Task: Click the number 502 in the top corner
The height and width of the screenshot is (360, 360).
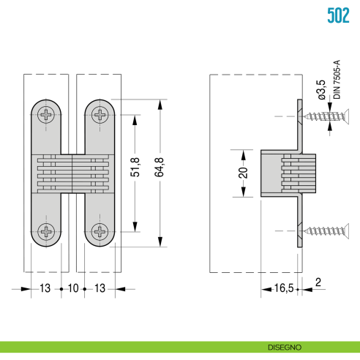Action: tap(337, 15)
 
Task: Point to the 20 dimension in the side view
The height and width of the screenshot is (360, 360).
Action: tap(242, 173)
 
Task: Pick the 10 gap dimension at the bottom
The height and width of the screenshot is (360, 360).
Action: tap(72, 288)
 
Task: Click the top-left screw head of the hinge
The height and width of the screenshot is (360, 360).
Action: tap(48, 114)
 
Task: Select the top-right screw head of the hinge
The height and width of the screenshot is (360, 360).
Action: tap(100, 114)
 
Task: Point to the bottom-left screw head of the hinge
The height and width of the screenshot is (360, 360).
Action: tap(48, 232)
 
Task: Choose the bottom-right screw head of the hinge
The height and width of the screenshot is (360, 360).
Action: tap(100, 232)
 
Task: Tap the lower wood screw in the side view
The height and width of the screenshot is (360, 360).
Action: tap(326, 232)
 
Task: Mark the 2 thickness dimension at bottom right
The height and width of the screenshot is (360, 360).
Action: tap(318, 282)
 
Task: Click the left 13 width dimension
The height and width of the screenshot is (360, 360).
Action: tap(45, 288)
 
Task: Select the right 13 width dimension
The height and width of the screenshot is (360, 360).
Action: tap(100, 288)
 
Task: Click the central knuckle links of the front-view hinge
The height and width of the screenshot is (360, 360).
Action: tap(73, 173)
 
